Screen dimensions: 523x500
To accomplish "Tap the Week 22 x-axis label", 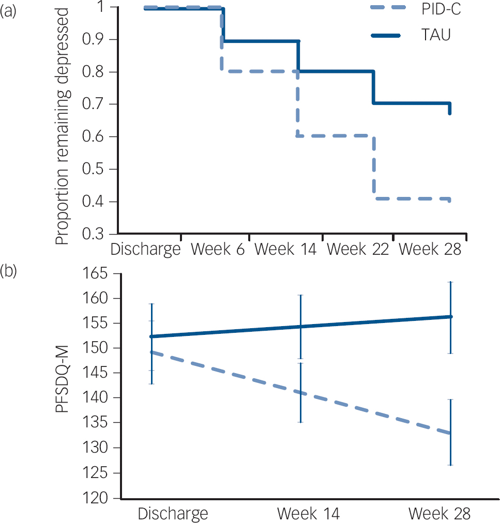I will tap(358, 249).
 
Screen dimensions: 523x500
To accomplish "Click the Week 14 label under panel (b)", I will tap(309, 514).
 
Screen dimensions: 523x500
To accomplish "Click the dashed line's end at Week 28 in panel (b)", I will tap(450, 433).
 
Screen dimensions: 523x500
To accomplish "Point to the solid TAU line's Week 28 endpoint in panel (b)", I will tap(450, 316).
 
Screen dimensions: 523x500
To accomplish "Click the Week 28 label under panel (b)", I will tap(440, 514).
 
